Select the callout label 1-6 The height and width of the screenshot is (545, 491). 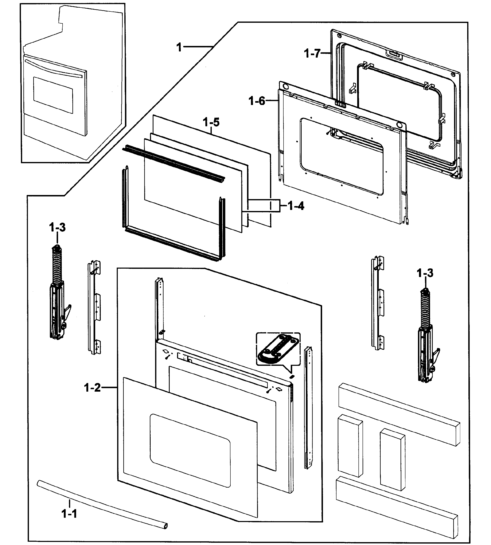point(257,101)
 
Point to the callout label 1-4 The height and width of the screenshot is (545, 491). point(296,206)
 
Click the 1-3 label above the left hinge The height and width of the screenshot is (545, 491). point(57,227)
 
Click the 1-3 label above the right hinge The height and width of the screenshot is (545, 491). point(425,273)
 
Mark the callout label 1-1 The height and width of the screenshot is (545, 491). point(69,514)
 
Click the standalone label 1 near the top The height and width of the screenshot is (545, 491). point(179,47)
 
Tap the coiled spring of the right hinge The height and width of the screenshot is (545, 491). point(425,310)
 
